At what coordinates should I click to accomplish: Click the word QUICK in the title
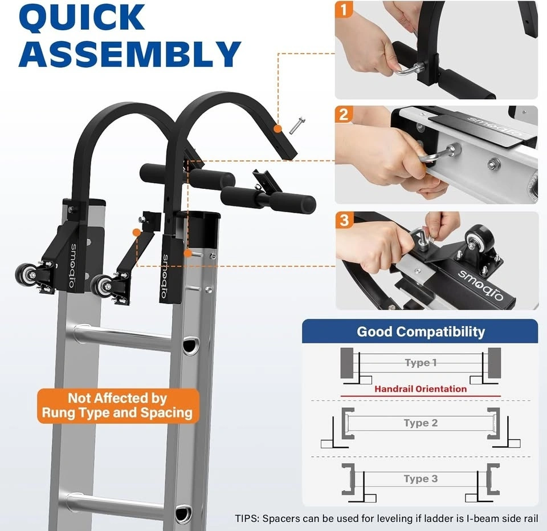click(81, 18)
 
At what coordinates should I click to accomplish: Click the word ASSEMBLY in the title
click(130, 54)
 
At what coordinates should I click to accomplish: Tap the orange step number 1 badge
click(344, 10)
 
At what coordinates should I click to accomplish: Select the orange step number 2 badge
click(344, 114)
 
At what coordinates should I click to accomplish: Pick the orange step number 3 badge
click(344, 220)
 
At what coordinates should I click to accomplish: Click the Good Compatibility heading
click(421, 331)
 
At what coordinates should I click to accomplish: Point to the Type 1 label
click(421, 362)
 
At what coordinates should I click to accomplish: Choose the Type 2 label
click(421, 423)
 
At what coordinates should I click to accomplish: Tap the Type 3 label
click(421, 479)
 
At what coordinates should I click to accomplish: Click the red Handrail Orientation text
click(421, 389)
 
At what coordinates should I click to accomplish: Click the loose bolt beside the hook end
click(297, 125)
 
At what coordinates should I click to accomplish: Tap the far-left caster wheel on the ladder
click(26, 275)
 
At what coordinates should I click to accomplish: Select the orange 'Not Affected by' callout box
click(118, 406)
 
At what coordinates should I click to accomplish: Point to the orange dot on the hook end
click(277, 128)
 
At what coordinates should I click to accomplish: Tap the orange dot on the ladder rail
click(187, 253)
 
